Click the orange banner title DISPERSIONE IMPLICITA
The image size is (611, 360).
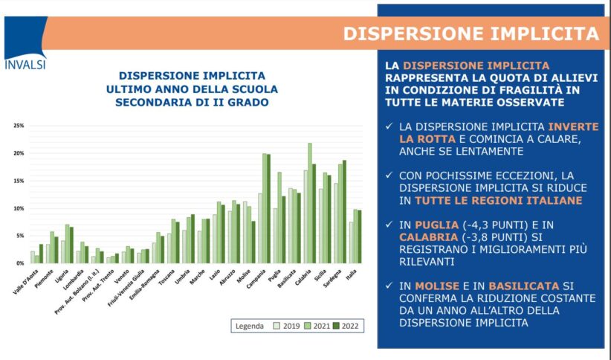click(471, 33)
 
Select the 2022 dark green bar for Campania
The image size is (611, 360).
click(268, 208)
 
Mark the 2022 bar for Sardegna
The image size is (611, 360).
click(344, 211)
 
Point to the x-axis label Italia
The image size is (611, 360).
click(352, 274)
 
